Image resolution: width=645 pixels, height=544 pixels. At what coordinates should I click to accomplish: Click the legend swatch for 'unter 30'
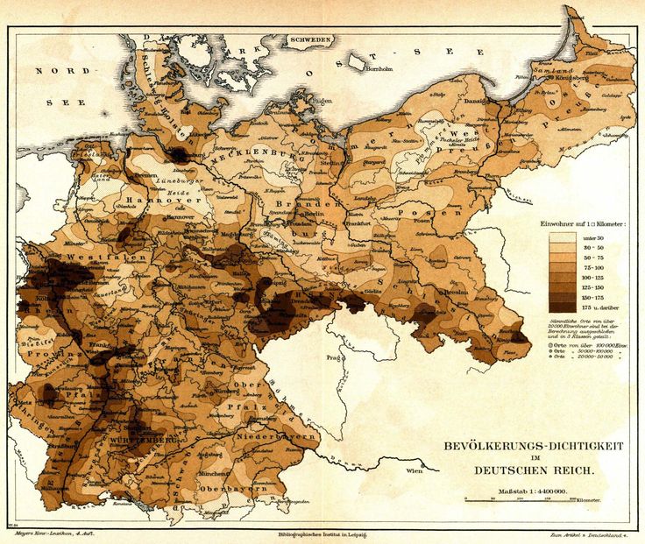point(562,237)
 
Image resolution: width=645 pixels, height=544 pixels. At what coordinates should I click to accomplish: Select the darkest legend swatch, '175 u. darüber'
point(562,307)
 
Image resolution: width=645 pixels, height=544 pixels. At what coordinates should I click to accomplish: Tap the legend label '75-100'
point(594,267)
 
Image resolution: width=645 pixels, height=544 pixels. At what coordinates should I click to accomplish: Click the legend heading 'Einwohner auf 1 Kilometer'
point(582,224)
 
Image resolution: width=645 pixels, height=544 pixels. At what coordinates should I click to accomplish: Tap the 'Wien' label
point(414,470)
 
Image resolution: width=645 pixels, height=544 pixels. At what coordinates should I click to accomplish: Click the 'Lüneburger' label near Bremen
point(180,182)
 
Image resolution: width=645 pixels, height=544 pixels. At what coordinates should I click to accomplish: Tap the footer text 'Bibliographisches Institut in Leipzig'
point(322,533)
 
